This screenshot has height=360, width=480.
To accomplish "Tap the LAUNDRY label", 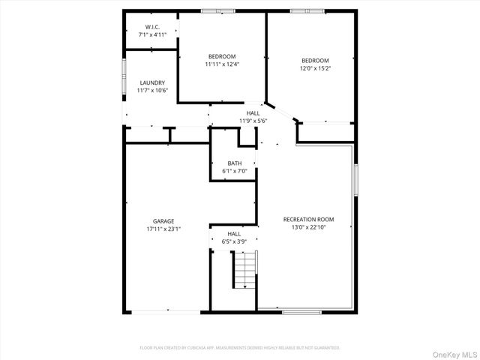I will pos(152,82).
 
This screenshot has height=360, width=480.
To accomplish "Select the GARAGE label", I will pos(163,221).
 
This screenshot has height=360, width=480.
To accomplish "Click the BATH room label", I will pos(235,163).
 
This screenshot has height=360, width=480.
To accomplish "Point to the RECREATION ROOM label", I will pos(308,219).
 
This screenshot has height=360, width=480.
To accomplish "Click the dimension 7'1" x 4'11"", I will pos(151,34).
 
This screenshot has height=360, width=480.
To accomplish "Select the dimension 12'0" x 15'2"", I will pos(315,68).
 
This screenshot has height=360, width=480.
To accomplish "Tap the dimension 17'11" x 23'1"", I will pos(163,229).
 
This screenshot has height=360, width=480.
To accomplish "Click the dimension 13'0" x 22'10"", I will pos(308,227).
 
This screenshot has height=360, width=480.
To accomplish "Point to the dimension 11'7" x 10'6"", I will pos(152,91).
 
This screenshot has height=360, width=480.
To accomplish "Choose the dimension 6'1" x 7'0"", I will pos(235,172).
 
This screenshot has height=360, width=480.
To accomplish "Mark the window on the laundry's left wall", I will pos(124,76).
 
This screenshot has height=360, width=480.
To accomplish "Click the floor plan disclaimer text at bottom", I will pos(240,348).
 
